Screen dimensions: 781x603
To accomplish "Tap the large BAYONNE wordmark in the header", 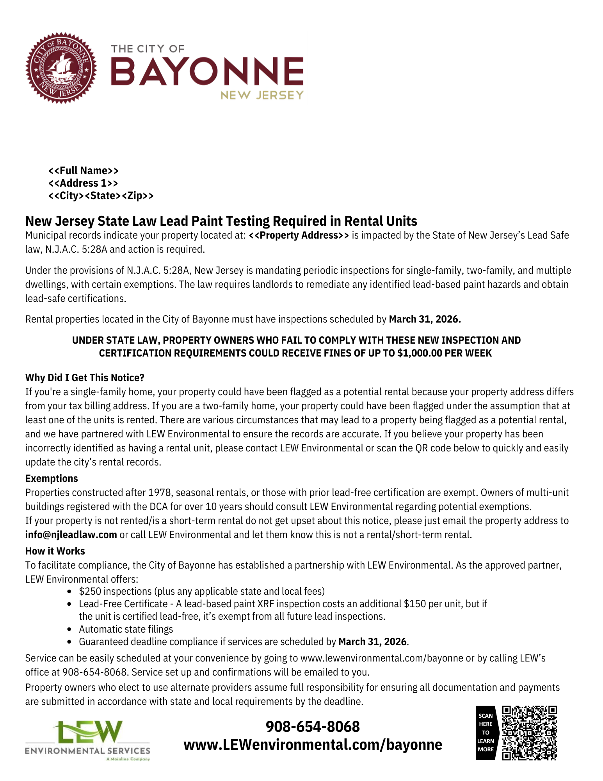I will pyautogui.click(x=207, y=71).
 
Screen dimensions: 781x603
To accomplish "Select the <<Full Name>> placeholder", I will pyautogui.click(x=84, y=171).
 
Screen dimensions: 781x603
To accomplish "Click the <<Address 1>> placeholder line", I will pyautogui.click(x=83, y=183).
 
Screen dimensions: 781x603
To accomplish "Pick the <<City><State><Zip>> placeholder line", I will pyautogui.click(x=101, y=196).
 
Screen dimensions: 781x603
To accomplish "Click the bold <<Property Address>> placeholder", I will pyautogui.click(x=299, y=235).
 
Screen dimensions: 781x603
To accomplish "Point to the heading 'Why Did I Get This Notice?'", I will pyautogui.click(x=85, y=378).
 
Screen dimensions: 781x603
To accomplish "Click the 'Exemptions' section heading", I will pyautogui.click(x=52, y=478).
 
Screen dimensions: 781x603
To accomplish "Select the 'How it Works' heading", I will pyautogui.click(x=55, y=551).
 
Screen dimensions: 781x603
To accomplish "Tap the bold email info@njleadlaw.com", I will pyautogui.click(x=71, y=535).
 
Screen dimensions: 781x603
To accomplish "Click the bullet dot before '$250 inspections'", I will pyautogui.click(x=69, y=592).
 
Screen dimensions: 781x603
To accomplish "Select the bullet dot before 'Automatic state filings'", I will pyautogui.click(x=69, y=629).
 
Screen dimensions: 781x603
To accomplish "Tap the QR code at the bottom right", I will pyautogui.click(x=529, y=733).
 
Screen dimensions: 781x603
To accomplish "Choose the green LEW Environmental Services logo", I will pyautogui.click(x=88, y=740).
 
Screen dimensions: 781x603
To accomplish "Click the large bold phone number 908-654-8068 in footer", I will pyautogui.click(x=313, y=726).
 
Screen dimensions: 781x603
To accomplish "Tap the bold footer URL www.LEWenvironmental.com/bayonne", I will pyautogui.click(x=313, y=745).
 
